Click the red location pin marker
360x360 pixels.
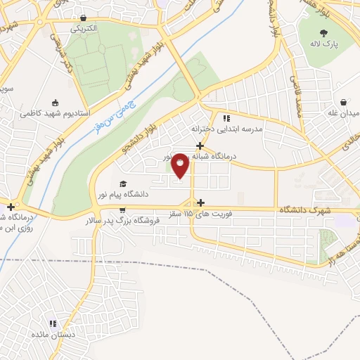[x=181, y=166]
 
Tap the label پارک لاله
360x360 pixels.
[x=325, y=44]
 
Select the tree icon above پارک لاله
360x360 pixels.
[x=323, y=32]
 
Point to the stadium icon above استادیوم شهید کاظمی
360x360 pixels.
[x=55, y=102]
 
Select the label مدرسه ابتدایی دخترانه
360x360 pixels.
[x=226, y=129]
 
